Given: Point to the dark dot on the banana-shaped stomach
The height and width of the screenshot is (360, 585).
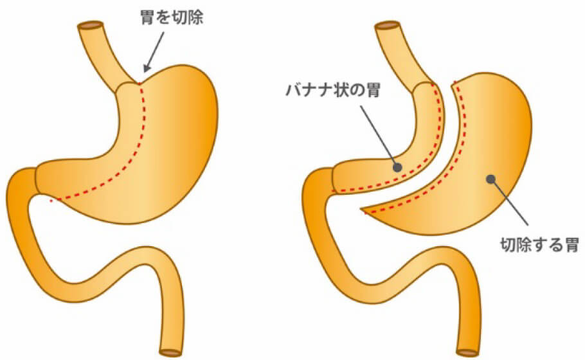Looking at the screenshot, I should [x=397, y=166].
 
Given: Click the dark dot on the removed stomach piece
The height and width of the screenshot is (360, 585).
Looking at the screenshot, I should [x=491, y=179].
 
